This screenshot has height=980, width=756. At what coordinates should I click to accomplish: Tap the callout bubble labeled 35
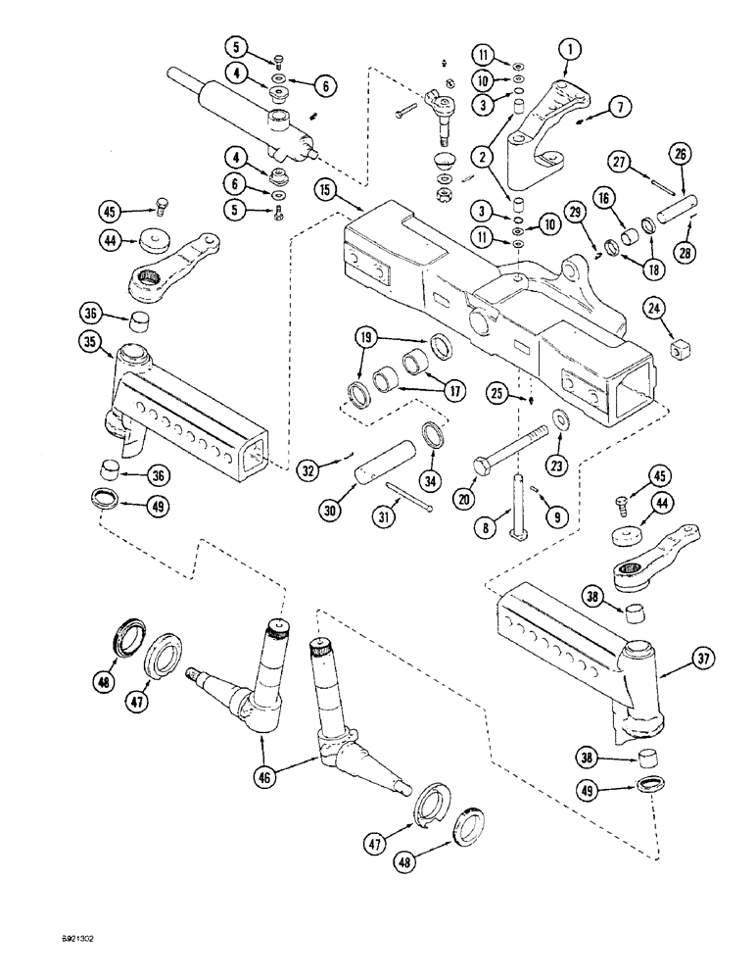(x=90, y=342)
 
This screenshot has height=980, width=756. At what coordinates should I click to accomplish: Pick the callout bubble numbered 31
(x=386, y=518)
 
